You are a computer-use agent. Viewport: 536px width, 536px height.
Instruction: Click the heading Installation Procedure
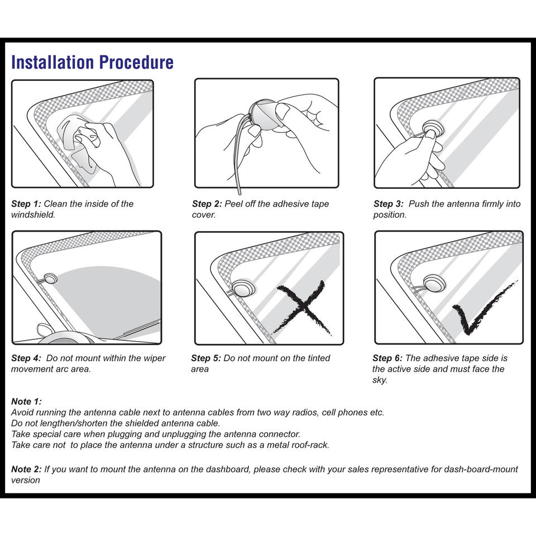(x=92, y=62)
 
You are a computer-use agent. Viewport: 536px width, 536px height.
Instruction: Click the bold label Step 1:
(x=26, y=204)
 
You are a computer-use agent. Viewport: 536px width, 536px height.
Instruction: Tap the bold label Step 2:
(x=207, y=204)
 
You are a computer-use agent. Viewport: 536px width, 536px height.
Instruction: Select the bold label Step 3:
(x=389, y=204)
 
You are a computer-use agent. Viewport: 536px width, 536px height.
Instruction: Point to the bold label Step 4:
(x=26, y=358)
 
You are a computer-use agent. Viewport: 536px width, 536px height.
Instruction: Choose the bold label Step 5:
(x=205, y=358)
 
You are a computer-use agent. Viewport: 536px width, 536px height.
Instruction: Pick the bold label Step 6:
(x=387, y=358)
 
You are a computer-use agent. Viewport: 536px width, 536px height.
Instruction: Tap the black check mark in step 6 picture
(x=480, y=310)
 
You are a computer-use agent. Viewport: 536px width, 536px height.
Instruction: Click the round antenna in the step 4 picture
(x=50, y=277)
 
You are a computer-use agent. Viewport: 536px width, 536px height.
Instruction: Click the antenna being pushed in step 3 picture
(x=431, y=129)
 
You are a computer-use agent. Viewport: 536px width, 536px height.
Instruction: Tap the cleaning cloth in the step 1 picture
(x=76, y=137)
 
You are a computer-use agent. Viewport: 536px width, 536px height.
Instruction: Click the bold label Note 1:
(x=26, y=401)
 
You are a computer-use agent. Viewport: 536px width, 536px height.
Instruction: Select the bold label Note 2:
(x=26, y=469)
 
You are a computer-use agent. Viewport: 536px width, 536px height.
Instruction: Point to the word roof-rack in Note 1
(x=310, y=445)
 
